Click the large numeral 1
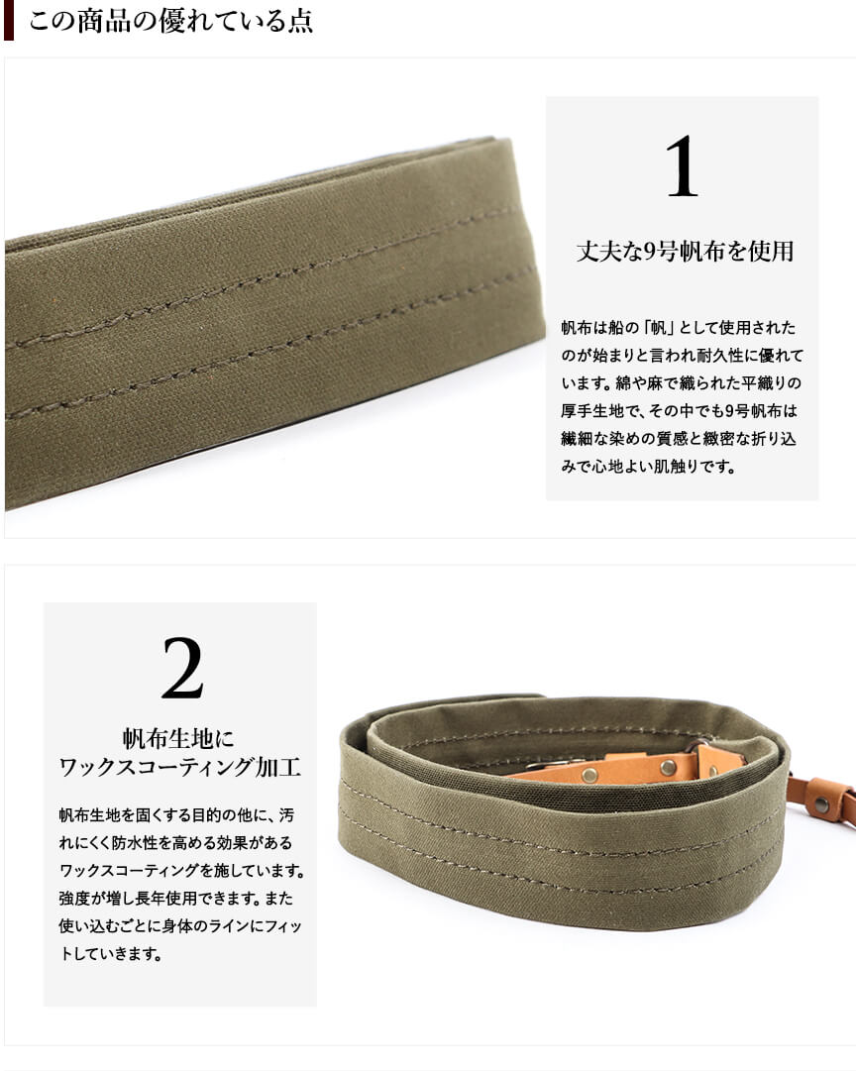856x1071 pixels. click(x=682, y=166)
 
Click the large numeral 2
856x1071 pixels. click(x=182, y=668)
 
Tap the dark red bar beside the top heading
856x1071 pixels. click(x=8, y=21)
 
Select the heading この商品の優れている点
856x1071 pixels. click(x=170, y=21)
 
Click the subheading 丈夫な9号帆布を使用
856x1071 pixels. click(x=685, y=252)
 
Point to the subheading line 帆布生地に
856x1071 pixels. click(x=178, y=738)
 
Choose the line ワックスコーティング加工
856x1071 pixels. click(x=179, y=767)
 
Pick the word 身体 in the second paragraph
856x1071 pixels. click(x=157, y=927)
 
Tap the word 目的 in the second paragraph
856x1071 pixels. click(x=207, y=815)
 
